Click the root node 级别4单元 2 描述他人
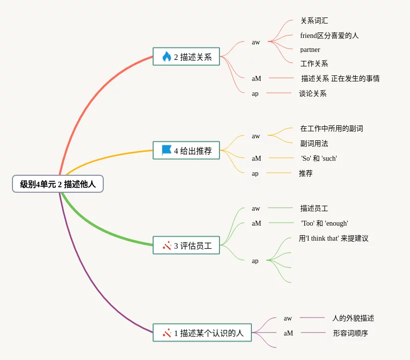(x=58, y=184)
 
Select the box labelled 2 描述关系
(x=186, y=56)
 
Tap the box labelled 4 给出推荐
(x=186, y=150)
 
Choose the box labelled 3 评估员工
(x=186, y=245)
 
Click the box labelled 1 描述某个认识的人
(x=202, y=333)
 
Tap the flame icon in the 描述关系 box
(x=167, y=56)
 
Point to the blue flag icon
(x=167, y=150)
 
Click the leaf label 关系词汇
(x=314, y=21)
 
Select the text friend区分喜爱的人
(x=329, y=35)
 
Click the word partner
(x=310, y=49)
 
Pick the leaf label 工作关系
(x=314, y=63)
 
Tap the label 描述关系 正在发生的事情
(x=340, y=78)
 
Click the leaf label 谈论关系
(x=313, y=93)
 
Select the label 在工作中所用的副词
(x=331, y=128)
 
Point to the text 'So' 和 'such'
(x=319, y=158)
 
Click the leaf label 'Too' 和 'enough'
(x=324, y=223)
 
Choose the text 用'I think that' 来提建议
(x=333, y=238)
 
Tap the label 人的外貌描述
(x=353, y=318)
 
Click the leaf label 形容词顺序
(x=350, y=333)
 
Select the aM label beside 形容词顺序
(x=288, y=333)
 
